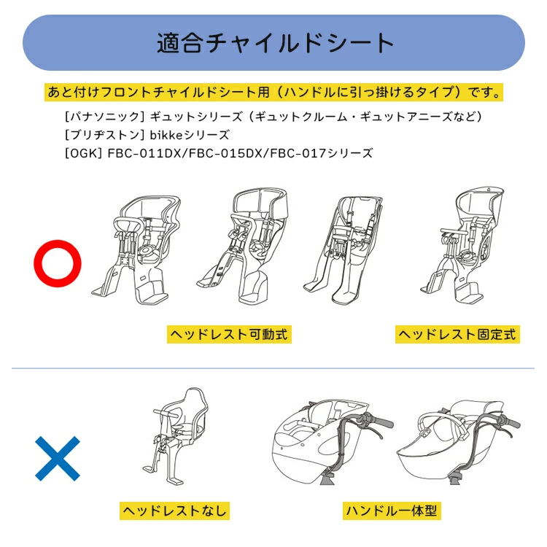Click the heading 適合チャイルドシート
point(275,43)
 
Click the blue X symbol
point(58,459)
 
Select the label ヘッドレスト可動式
point(229,335)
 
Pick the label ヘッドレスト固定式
point(457,335)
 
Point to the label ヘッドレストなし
point(174,511)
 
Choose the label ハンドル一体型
point(392,511)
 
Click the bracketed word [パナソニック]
point(105,117)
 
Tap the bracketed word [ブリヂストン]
point(105,135)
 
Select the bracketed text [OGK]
point(83,153)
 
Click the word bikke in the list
point(167,135)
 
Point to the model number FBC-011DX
point(145,153)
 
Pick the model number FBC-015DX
point(226,153)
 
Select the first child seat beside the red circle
point(136,250)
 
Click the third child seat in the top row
point(343,249)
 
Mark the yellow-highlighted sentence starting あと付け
point(273,93)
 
